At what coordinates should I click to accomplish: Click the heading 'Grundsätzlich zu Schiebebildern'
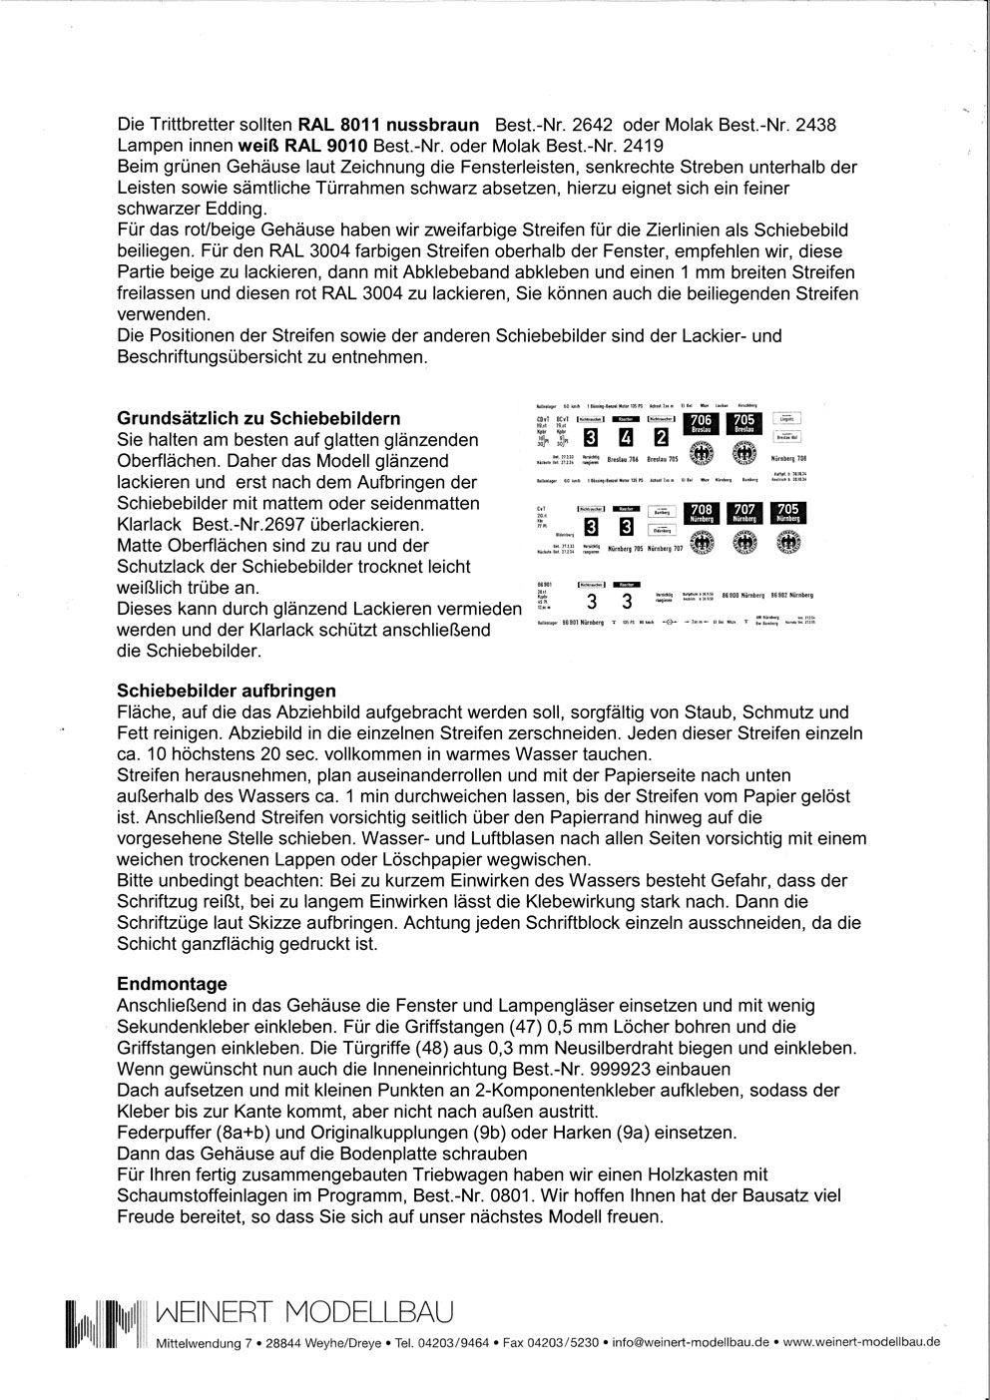pyautogui.click(x=259, y=418)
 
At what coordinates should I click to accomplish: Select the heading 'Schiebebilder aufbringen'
pyautogui.click(x=227, y=691)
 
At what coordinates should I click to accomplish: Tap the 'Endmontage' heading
pyautogui.click(x=172, y=984)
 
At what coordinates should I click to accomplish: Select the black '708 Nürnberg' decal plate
pyautogui.click(x=702, y=514)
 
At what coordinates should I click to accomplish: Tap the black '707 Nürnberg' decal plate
pyautogui.click(x=744, y=514)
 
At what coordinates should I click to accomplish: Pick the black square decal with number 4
pyautogui.click(x=625, y=437)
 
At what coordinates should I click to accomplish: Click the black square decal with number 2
pyautogui.click(x=660, y=437)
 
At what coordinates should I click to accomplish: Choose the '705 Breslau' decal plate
pyautogui.click(x=743, y=423)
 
